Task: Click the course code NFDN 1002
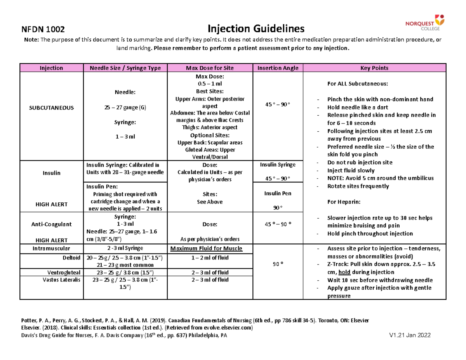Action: (42, 29)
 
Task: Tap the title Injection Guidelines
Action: (256, 28)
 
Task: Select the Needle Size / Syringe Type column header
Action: (125, 68)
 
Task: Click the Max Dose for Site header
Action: (210, 68)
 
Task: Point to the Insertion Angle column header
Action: (278, 68)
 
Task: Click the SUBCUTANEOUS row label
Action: (52, 107)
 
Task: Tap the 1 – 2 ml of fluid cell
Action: (210, 257)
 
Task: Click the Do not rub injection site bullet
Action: (360, 162)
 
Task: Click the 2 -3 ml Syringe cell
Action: (125, 249)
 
